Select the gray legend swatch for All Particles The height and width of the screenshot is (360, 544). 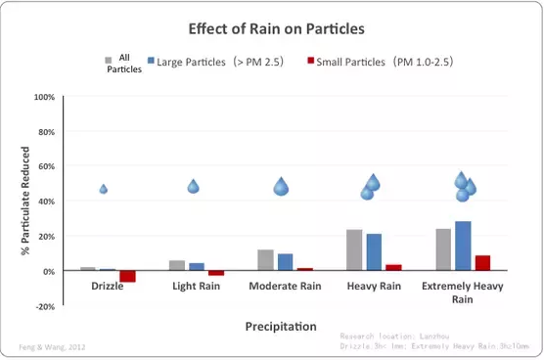[109, 60]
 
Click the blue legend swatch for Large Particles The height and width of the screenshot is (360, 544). [151, 61]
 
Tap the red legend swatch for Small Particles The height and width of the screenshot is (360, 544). [310, 61]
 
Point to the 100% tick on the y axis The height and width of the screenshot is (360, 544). [45, 98]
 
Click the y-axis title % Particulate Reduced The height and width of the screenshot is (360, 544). [25, 202]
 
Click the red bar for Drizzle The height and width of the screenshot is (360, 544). [127, 276]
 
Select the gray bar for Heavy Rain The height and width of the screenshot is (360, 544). [354, 249]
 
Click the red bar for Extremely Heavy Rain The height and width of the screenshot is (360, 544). [482, 262]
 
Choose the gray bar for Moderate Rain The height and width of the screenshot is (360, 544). [265, 259]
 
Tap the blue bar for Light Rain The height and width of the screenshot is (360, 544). [197, 266]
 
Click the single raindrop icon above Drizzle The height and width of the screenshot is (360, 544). [104, 189]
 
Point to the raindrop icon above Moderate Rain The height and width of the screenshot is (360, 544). [281, 186]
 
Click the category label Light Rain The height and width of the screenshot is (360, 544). [196, 286]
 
